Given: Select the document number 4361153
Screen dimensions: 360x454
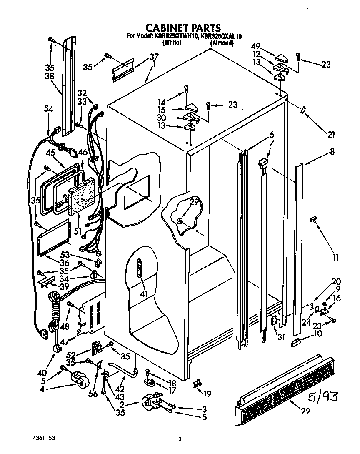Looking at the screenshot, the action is coord(43,438).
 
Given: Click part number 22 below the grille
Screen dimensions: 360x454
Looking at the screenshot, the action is coord(305,412).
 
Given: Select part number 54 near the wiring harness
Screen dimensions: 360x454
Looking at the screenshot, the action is coord(49,108).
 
